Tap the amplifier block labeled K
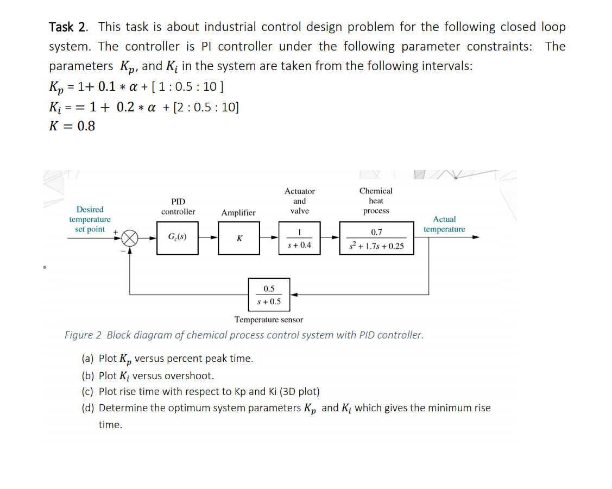coord(239,238)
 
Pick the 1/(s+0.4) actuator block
coord(299,238)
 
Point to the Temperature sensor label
coord(268,319)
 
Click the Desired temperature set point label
coord(90,219)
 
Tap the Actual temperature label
coord(444,224)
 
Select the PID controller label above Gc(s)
coord(178,206)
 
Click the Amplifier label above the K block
coord(238,212)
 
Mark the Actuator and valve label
coord(299,201)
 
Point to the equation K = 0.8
coord(72,127)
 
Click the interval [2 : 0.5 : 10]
coord(204,107)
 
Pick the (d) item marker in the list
coord(88,408)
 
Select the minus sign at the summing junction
coord(122,251)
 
